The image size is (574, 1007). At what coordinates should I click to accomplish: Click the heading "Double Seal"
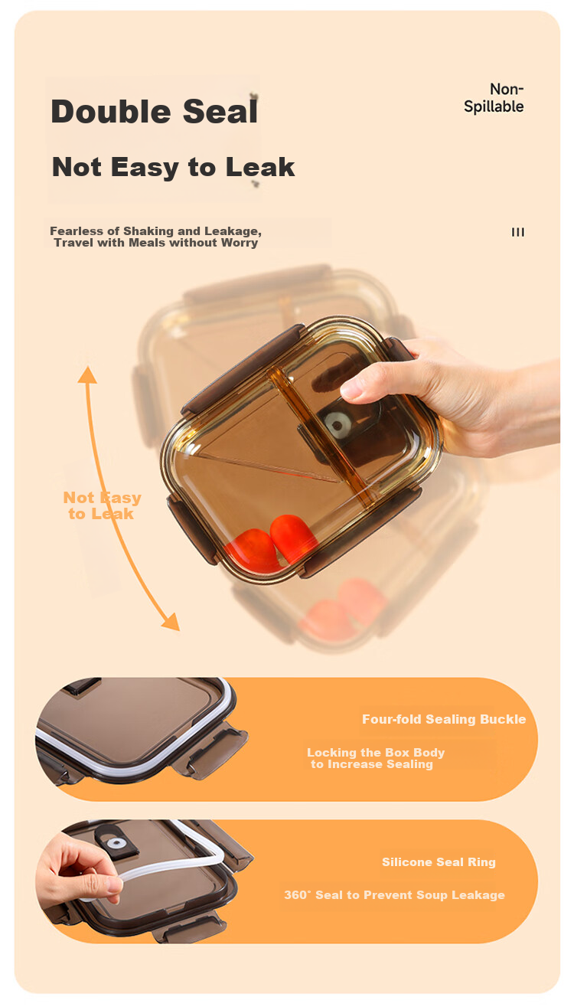tap(155, 112)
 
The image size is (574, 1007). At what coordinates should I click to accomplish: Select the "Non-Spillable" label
tap(494, 98)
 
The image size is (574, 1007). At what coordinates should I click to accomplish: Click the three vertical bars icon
tap(518, 232)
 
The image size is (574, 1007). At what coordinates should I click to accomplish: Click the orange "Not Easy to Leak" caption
tap(102, 505)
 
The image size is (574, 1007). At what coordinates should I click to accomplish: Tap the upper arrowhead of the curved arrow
tap(87, 375)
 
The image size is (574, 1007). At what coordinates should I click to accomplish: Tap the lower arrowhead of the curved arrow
tap(171, 621)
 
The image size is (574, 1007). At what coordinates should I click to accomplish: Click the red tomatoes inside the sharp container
tap(270, 544)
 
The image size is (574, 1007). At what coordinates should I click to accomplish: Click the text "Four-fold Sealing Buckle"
tap(444, 719)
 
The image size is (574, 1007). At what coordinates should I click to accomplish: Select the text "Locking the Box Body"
tap(376, 752)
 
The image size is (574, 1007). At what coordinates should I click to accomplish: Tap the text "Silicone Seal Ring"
tap(439, 862)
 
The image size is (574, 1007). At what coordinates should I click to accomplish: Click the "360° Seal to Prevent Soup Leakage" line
tap(394, 894)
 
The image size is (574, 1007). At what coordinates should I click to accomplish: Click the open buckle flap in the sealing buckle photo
tap(212, 750)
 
